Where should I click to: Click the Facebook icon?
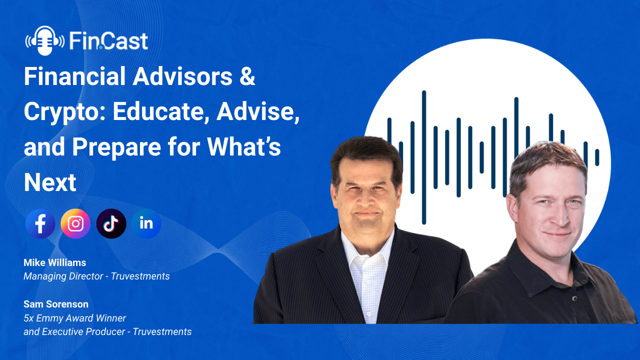[x=40, y=223]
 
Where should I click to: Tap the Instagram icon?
[x=75, y=223]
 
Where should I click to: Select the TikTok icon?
[x=111, y=223]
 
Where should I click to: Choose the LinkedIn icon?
[x=146, y=223]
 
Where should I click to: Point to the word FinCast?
[x=108, y=41]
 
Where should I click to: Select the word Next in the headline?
[x=50, y=182]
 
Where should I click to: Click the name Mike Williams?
[x=55, y=262]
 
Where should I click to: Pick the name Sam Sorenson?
[x=56, y=304]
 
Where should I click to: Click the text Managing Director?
[x=63, y=276]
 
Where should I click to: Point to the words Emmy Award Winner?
[x=81, y=318]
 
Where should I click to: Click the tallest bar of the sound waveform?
[x=424, y=157]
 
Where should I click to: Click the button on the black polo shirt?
[x=574, y=298]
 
